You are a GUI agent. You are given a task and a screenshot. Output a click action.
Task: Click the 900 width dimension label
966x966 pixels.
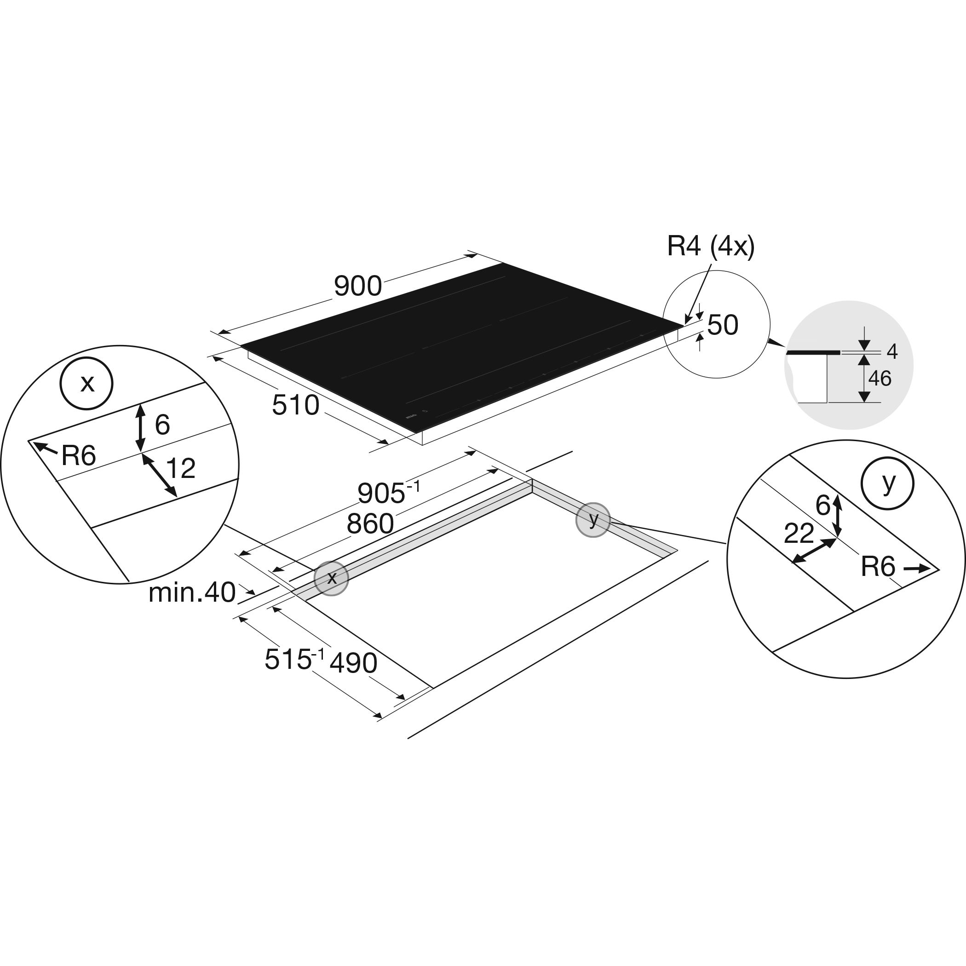point(358,287)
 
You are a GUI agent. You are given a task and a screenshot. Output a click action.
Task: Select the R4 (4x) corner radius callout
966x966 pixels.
point(711,246)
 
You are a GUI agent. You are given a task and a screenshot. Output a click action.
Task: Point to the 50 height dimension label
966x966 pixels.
point(723,325)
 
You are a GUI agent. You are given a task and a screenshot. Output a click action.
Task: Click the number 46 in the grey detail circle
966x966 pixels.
point(880,379)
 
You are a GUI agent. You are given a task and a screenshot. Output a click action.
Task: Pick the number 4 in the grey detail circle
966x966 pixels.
point(892,352)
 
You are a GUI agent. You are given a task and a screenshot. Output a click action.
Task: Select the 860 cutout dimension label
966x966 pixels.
point(370,524)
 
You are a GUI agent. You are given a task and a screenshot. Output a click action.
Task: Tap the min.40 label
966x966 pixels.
point(192,593)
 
